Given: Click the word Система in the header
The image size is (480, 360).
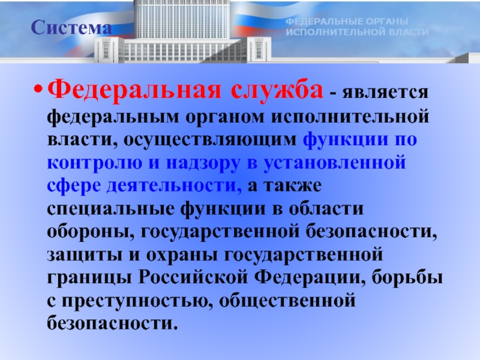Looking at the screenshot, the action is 71,28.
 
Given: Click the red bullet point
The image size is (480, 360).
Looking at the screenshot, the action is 37,91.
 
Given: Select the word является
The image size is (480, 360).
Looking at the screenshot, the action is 385,92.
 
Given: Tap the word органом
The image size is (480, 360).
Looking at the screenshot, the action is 224,117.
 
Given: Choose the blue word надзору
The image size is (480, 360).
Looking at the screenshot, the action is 203,163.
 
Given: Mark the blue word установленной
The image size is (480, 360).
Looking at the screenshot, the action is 334,163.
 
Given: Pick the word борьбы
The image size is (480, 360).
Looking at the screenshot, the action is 407,277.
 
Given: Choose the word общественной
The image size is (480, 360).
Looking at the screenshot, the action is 287,301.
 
